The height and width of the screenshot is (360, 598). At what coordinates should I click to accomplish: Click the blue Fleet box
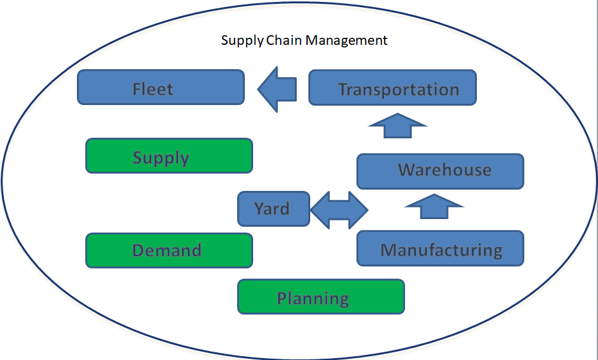click(161, 87)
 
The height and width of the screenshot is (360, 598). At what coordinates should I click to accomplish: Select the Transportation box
click(392, 87)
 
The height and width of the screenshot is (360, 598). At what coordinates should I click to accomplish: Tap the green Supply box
click(169, 156)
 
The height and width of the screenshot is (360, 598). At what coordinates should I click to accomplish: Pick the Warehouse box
click(440, 171)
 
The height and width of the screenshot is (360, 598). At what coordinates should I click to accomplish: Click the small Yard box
click(274, 209)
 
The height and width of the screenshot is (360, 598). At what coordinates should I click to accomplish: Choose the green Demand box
click(169, 250)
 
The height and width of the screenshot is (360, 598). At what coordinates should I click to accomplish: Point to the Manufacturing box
click(440, 249)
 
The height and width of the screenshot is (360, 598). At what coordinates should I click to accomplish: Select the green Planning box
click(321, 297)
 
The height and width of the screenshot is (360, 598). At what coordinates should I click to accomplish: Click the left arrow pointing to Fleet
click(278, 89)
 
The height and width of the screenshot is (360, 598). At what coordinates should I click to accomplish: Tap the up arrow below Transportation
click(397, 126)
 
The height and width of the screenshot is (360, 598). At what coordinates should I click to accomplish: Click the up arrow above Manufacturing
click(434, 207)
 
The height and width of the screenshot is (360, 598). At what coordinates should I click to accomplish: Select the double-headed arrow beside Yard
click(339, 209)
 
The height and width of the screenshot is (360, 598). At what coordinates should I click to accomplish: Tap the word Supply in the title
click(242, 41)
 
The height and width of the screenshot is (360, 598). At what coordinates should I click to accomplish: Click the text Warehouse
click(445, 170)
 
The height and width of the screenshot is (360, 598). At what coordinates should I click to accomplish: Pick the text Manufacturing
click(441, 250)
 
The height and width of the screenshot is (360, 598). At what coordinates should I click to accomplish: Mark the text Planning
click(313, 299)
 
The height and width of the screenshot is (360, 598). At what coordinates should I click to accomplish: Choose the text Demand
click(167, 250)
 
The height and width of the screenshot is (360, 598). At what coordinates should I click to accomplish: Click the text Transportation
click(399, 90)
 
